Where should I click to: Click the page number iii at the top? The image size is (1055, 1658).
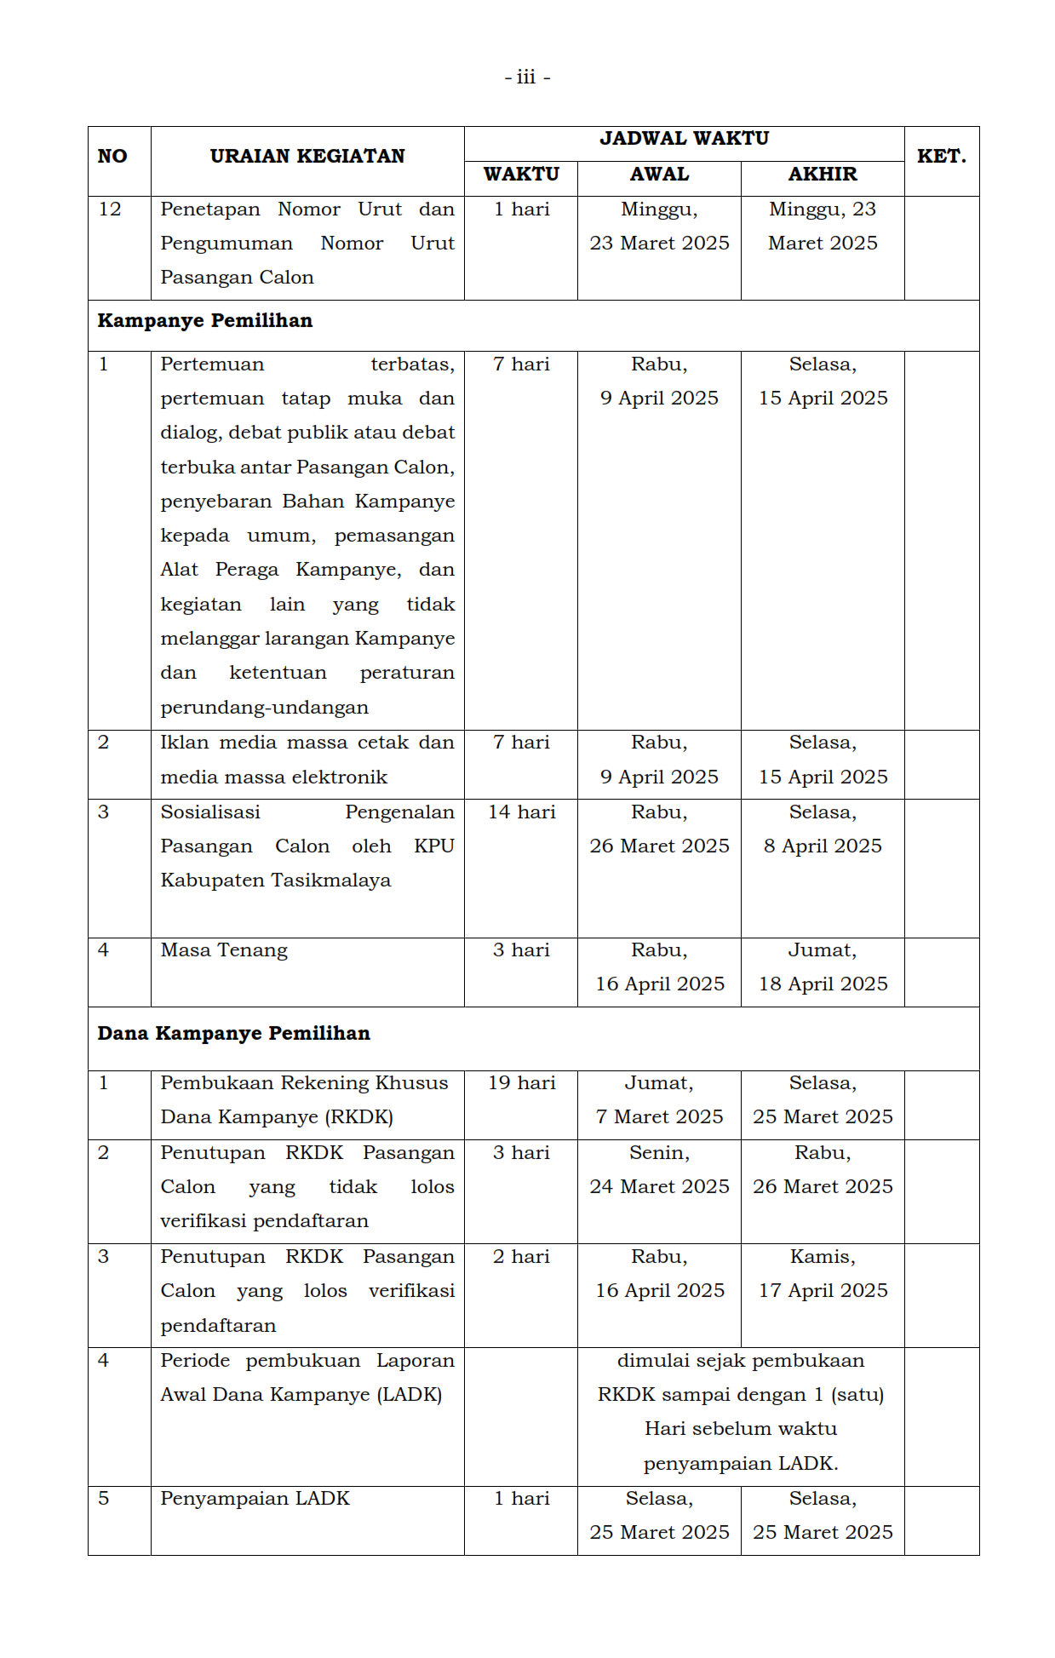[x=526, y=77]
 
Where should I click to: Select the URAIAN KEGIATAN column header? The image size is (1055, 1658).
[x=307, y=156]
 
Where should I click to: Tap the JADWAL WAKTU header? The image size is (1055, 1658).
[x=684, y=138]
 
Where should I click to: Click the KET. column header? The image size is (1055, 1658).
[x=941, y=156]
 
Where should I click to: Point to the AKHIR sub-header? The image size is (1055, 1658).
[x=823, y=174]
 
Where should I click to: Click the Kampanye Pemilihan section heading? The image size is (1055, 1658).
[x=205, y=321]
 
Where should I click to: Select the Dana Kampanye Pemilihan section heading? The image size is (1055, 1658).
[x=234, y=1034]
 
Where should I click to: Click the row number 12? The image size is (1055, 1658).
[x=110, y=209]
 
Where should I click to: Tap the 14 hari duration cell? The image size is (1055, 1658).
[x=521, y=812]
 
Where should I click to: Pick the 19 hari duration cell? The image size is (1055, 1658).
[x=521, y=1083]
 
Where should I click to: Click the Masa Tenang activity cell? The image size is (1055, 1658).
[x=224, y=950]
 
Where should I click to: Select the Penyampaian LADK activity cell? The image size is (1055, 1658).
[x=255, y=1499]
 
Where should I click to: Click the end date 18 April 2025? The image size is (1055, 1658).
[x=823, y=984]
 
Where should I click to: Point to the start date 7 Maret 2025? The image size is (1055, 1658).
[x=659, y=1117]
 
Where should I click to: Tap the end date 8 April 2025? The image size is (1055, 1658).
[x=823, y=846]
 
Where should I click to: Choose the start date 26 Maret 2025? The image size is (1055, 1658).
[x=659, y=846]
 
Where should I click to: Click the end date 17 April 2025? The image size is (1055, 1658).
[x=823, y=1291]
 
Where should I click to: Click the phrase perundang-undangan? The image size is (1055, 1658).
[x=264, y=708]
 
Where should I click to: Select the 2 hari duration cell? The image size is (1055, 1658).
[x=521, y=1257]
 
